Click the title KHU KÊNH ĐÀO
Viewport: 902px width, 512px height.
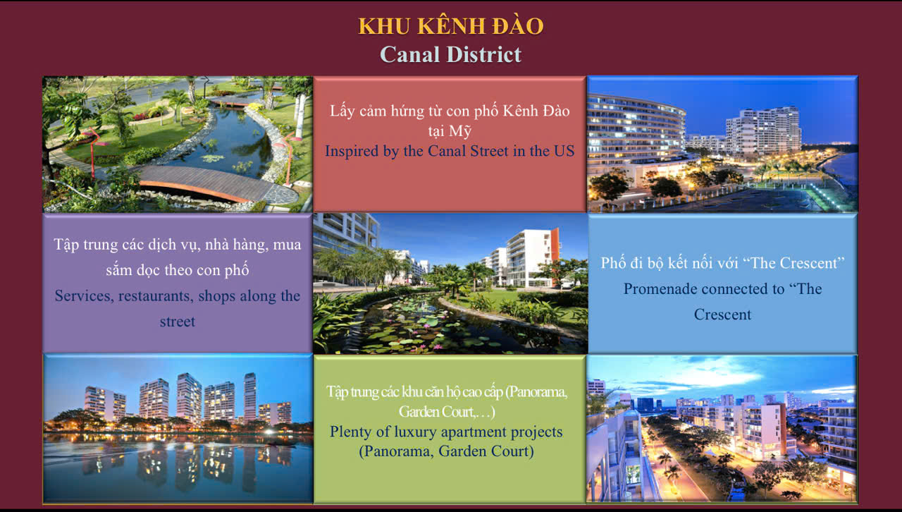[x=451, y=26]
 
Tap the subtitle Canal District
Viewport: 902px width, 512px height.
[x=451, y=54]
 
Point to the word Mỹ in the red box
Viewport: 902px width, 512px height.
[x=461, y=131]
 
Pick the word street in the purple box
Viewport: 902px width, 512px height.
[x=178, y=322]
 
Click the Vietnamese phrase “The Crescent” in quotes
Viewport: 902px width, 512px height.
[x=798, y=263]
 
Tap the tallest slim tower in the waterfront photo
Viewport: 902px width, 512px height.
[x=249, y=396]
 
